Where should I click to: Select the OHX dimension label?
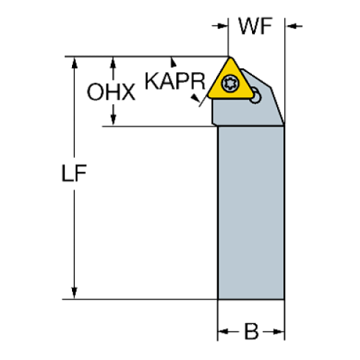coord(111,92)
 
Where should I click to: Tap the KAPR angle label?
coord(173,80)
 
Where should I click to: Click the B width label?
coord(251,332)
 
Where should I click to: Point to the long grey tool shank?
coord(251,213)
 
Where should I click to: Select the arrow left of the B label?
coord(223,332)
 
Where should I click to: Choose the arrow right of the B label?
coord(279,332)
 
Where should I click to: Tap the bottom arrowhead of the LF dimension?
coord(73,292)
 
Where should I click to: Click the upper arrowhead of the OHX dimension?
coord(112,62)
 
